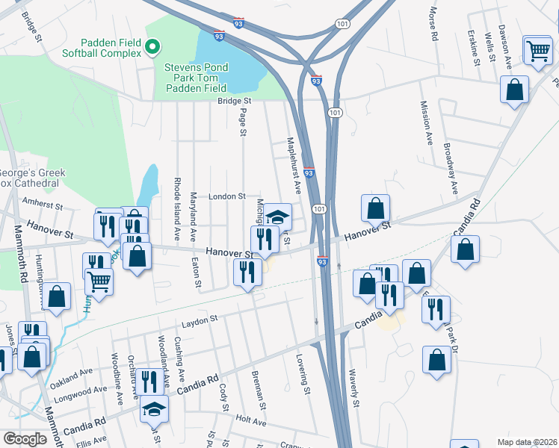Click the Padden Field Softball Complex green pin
[153, 48]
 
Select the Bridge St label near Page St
[235, 101]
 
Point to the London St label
[227, 196]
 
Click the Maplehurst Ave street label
[293, 165]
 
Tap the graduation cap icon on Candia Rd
[154, 408]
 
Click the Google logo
[25, 439]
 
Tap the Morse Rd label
[432, 25]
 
